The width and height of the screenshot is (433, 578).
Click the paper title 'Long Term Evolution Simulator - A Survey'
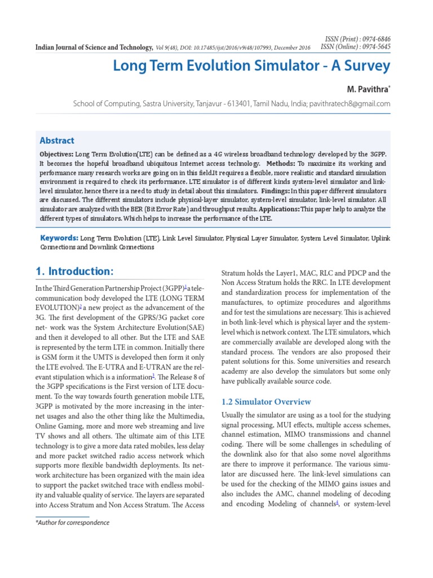251,66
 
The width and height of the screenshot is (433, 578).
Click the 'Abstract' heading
56,141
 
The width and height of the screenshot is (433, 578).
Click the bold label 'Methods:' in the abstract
304,163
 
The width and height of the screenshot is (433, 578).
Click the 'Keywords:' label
59,238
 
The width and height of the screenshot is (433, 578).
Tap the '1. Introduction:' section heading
74,272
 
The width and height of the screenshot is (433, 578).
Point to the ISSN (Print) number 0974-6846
374,39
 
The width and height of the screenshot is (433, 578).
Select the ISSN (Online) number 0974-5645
374,47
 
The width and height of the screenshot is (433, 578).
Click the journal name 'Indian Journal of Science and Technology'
94,47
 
